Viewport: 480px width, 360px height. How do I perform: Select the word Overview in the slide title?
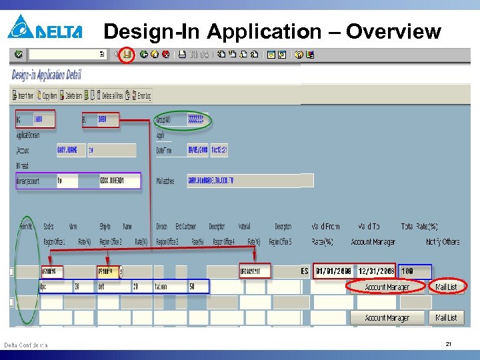[393, 31]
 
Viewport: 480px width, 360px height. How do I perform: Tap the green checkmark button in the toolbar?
[18, 54]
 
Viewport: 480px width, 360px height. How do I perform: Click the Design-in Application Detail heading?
[47, 75]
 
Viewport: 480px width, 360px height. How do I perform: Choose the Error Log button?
[142, 95]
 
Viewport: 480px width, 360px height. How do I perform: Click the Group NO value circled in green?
[197, 121]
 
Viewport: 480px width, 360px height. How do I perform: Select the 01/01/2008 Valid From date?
[334, 271]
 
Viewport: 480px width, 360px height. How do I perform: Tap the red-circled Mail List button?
[447, 287]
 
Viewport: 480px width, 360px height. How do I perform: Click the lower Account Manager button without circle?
[387, 318]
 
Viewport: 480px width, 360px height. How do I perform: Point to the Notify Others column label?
[443, 242]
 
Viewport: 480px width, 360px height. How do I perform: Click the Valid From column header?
[326, 227]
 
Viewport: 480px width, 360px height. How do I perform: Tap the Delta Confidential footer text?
[26, 345]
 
